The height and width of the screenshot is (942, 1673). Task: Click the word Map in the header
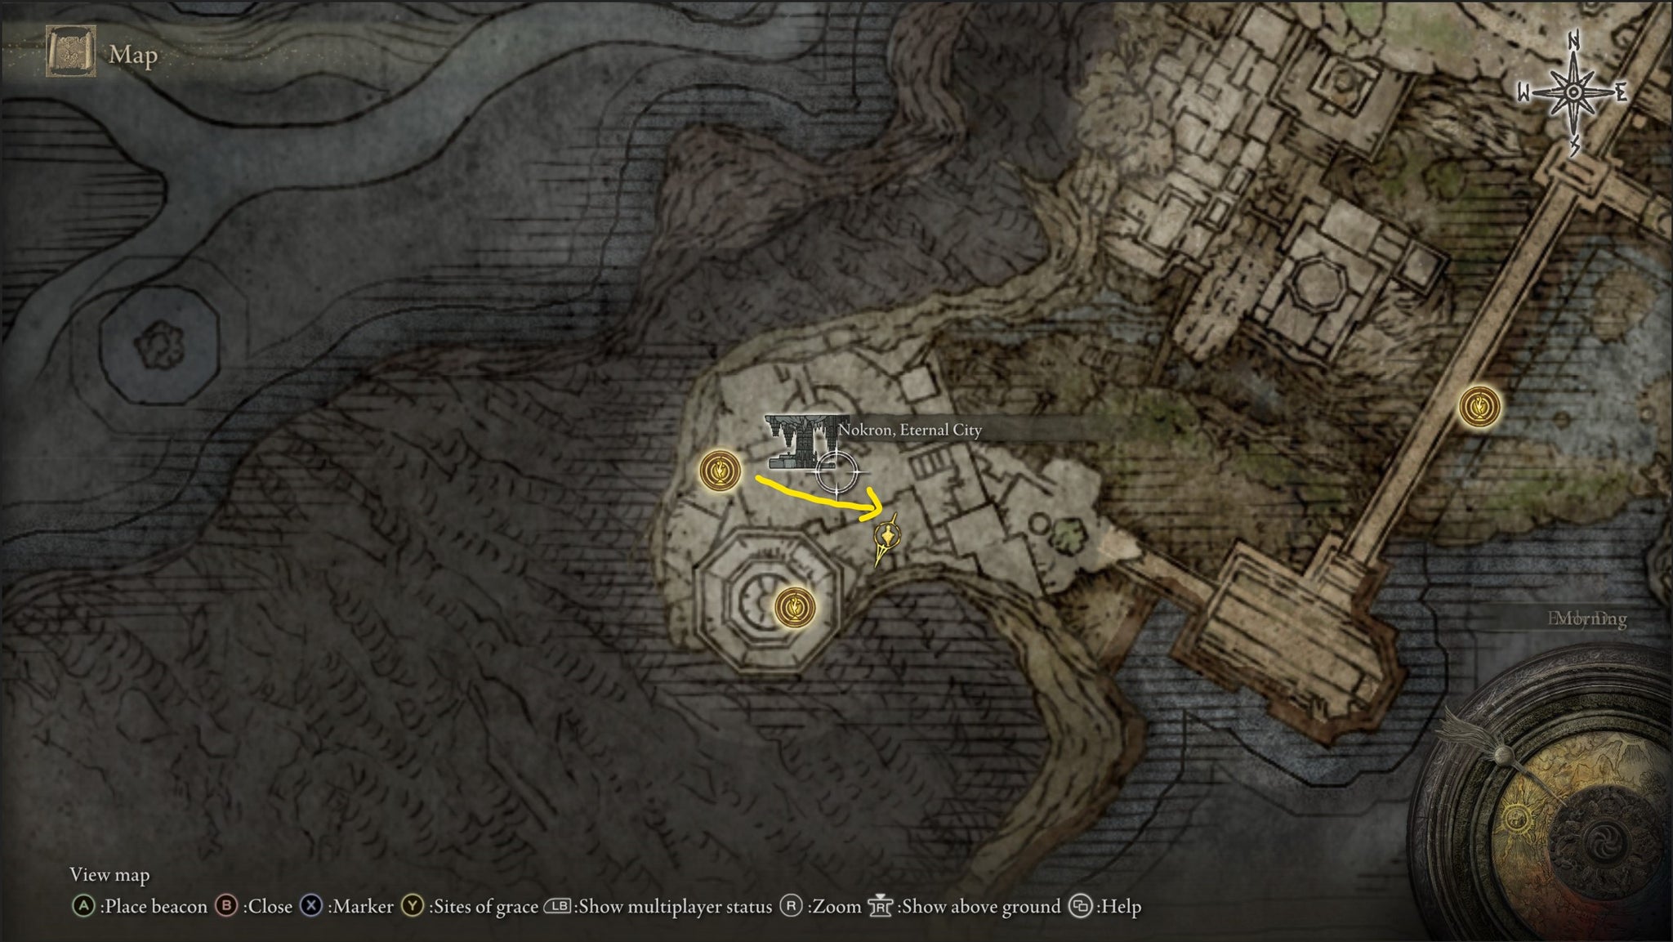click(133, 55)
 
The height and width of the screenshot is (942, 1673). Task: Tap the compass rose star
click(1573, 93)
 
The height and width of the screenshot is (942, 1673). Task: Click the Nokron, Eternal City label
click(910, 430)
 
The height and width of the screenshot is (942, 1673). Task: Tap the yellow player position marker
click(886, 538)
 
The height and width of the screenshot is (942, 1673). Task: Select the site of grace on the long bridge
click(1479, 406)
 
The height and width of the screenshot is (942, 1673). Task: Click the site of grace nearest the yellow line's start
click(720, 471)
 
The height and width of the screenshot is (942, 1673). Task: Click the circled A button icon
click(83, 906)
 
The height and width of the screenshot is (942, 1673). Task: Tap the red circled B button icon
click(226, 906)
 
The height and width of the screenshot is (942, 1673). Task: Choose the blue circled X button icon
click(311, 906)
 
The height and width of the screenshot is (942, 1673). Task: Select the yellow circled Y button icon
click(413, 906)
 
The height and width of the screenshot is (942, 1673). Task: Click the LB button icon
click(558, 906)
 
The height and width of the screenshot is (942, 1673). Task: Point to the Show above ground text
click(979, 906)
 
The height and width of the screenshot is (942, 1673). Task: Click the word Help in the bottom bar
click(1119, 906)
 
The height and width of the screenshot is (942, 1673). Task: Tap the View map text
click(109, 875)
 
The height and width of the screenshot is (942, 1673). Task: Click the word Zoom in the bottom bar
click(837, 906)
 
